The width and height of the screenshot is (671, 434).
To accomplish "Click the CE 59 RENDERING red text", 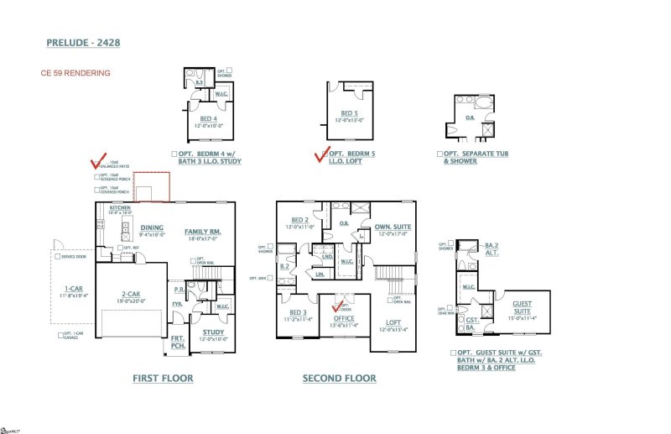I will [75, 73].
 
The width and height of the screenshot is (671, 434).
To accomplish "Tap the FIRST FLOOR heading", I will [163, 379].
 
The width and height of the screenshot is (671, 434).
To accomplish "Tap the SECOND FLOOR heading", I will [339, 379].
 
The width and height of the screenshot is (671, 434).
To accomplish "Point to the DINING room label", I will [152, 227].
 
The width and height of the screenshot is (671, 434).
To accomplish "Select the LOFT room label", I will [393, 322].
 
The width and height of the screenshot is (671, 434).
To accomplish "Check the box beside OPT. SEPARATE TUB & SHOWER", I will [440, 154].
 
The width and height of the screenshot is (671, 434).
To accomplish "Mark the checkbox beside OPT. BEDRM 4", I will [174, 154].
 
